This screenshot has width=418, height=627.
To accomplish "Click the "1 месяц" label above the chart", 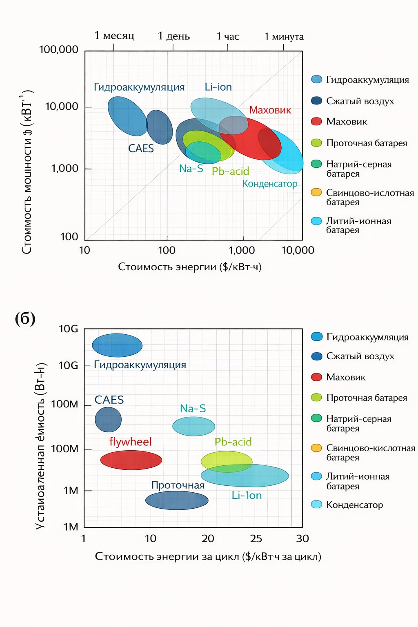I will tap(114, 36).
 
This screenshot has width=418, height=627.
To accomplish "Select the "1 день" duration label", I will tap(174, 36).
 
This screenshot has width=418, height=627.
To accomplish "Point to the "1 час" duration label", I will tap(227, 37).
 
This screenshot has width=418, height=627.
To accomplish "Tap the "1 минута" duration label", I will tap(284, 37).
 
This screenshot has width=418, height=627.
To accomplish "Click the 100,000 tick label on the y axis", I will tap(58, 50).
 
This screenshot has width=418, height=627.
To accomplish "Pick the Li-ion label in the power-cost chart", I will tap(218, 87).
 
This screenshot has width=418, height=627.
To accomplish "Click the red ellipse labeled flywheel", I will tap(131, 460).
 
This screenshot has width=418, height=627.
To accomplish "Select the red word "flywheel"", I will tap(130, 442).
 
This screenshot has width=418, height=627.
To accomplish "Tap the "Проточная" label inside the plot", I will tap(178, 485).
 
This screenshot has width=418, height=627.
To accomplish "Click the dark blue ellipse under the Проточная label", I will tap(177, 500).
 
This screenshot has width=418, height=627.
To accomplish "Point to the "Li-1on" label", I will tap(247, 496).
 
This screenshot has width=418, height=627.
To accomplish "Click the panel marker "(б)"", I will tap(25, 318).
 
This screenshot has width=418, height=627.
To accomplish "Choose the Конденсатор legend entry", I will tap(354, 505).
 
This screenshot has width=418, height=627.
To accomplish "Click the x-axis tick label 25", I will tap(256, 539).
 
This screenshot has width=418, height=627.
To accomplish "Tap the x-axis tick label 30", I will tap(302, 539).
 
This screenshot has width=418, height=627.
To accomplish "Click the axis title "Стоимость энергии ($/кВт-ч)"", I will tap(190, 267).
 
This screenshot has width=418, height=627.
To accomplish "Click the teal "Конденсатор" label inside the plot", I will tap(270, 184).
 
